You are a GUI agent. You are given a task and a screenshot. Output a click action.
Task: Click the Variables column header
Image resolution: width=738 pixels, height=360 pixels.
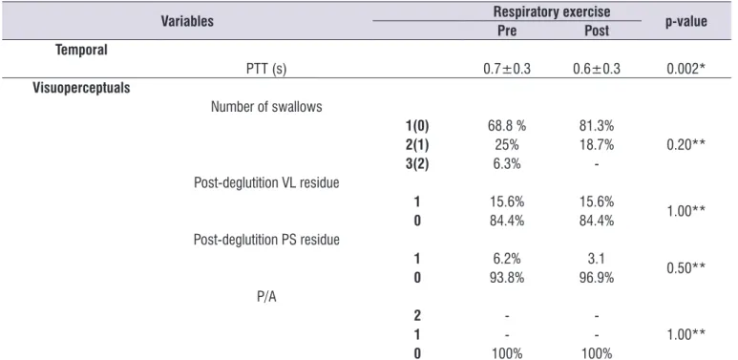187,21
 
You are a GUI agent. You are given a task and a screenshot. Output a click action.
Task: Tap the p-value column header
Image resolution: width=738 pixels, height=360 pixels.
685,22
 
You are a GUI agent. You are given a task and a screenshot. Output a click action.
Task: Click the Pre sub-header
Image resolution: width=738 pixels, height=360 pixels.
507,32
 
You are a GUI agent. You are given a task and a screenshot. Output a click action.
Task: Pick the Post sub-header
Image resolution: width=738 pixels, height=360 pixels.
597,32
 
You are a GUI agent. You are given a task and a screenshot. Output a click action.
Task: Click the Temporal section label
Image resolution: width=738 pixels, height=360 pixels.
82,50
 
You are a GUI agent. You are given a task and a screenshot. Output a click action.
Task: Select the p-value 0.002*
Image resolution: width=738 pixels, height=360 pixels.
685,69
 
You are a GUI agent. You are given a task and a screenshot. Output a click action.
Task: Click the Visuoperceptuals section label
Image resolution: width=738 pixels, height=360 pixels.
81,88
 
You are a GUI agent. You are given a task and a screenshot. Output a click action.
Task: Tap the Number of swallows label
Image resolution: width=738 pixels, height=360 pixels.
266,107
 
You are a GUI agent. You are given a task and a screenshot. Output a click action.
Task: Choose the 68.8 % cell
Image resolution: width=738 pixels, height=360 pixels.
506,126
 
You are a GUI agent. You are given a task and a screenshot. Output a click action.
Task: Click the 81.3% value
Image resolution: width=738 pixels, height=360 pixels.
597,126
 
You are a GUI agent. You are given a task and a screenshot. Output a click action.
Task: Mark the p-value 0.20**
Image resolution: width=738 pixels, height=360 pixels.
685,145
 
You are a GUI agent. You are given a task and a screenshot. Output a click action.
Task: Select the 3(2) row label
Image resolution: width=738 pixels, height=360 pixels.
417,164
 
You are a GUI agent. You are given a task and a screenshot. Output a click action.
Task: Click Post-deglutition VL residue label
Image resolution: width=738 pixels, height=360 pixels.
266,183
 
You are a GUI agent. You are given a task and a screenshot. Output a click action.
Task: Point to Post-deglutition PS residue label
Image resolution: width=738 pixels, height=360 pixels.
266,240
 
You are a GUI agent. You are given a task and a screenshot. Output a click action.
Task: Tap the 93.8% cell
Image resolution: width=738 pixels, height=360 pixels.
506,278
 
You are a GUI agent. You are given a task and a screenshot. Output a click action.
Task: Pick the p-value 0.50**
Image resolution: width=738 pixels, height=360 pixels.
685,267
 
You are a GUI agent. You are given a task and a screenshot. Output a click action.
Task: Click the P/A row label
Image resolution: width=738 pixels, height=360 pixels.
266,297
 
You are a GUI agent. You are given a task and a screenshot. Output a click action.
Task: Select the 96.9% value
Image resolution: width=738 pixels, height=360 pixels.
597,278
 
